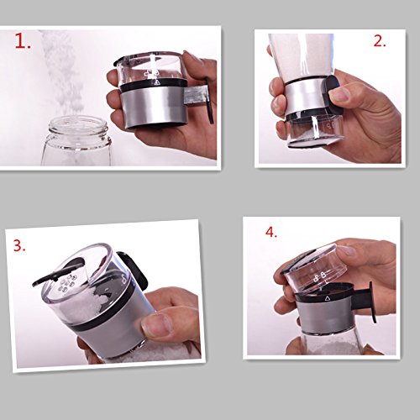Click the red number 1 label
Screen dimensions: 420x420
23,41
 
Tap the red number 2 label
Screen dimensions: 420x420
380,41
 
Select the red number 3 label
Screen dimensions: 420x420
19,245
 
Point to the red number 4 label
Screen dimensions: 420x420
271,232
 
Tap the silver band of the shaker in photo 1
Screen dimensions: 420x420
153,108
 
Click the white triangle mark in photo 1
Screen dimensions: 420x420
157,81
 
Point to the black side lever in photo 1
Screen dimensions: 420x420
208,101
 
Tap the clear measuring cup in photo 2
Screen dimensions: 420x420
314,131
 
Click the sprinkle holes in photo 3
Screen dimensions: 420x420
67,283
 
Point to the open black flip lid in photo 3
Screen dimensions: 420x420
58,272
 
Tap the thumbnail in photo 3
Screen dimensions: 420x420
155,324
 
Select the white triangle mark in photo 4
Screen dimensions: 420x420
327,299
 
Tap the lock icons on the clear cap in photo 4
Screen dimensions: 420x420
319,276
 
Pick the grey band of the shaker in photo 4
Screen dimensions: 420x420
326,316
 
